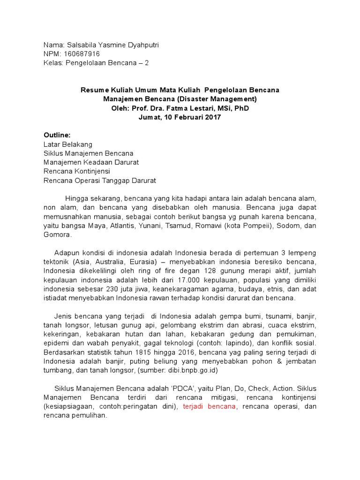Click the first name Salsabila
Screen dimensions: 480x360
click(x=83, y=45)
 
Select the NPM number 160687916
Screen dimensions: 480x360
click(x=83, y=54)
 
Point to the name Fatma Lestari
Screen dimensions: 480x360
click(x=186, y=108)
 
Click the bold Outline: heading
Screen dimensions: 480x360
click(x=57, y=135)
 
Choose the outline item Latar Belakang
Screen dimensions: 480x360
click(x=68, y=144)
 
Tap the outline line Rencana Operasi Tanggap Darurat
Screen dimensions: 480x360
click(x=99, y=180)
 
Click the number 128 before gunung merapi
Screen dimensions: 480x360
click(x=197, y=270)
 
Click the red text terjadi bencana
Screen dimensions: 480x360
click(x=209, y=406)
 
